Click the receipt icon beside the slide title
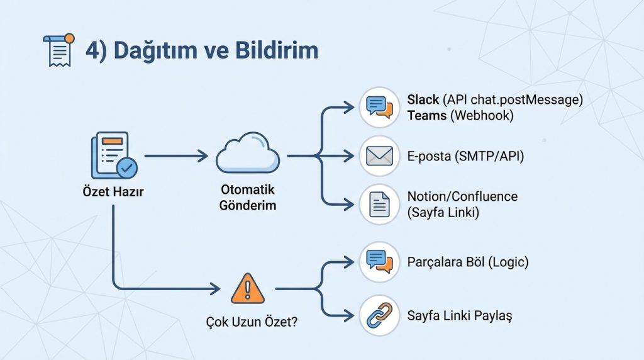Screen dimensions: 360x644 [58, 50]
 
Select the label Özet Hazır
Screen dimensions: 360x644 [113, 192]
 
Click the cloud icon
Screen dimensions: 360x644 [248, 153]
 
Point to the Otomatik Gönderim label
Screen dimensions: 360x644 [248, 197]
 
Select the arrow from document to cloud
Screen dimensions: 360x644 [175, 155]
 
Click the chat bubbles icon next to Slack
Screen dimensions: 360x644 [379, 107]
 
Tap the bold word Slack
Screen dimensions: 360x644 [423, 99]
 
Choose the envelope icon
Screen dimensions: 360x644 [379, 155]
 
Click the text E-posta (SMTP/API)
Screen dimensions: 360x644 [465, 156]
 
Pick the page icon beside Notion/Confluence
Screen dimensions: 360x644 [379, 205]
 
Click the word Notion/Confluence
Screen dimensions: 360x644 [462, 196]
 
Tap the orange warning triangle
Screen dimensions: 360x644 [248, 290]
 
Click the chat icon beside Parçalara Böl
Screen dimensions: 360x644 [379, 261]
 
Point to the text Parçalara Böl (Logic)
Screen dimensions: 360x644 [468, 261]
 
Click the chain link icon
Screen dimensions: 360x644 [379, 315]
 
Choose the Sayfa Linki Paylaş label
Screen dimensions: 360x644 [460, 315]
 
